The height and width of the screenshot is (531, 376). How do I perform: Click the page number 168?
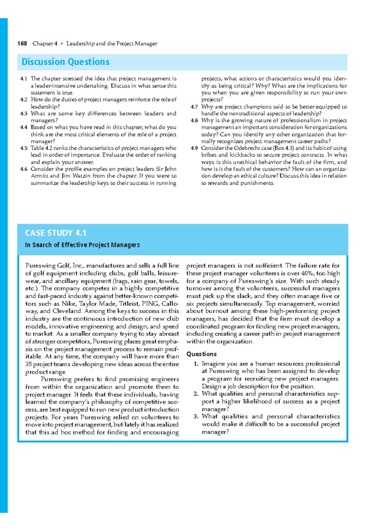pyautogui.click(x=22, y=44)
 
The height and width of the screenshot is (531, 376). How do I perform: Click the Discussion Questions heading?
pyautogui.click(x=65, y=62)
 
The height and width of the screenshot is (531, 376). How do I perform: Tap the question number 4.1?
pyautogui.click(x=24, y=79)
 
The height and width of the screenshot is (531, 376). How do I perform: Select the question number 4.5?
pyautogui.click(x=24, y=148)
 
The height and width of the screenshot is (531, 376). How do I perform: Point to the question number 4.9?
pyautogui.click(x=194, y=148)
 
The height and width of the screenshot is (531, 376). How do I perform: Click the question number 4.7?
pyautogui.click(x=194, y=107)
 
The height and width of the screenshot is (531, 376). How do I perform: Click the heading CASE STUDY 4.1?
pyautogui.click(x=55, y=233)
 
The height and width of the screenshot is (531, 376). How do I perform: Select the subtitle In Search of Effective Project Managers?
pyautogui.click(x=82, y=245)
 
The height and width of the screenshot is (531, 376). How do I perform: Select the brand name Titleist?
pyautogui.click(x=129, y=304)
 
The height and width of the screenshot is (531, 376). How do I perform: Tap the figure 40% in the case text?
pyautogui.click(x=308, y=273)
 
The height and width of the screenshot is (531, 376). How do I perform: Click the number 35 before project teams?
pyautogui.click(x=29, y=364)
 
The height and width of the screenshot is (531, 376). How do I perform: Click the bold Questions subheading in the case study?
pyautogui.click(x=201, y=354)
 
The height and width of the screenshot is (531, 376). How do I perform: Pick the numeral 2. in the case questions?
pyautogui.click(x=196, y=394)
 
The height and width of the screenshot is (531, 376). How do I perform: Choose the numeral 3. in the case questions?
pyautogui.click(x=196, y=417)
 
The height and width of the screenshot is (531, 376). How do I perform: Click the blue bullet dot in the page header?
pyautogui.click(x=62, y=44)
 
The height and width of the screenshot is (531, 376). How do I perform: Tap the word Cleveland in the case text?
pyautogui.click(x=67, y=311)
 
